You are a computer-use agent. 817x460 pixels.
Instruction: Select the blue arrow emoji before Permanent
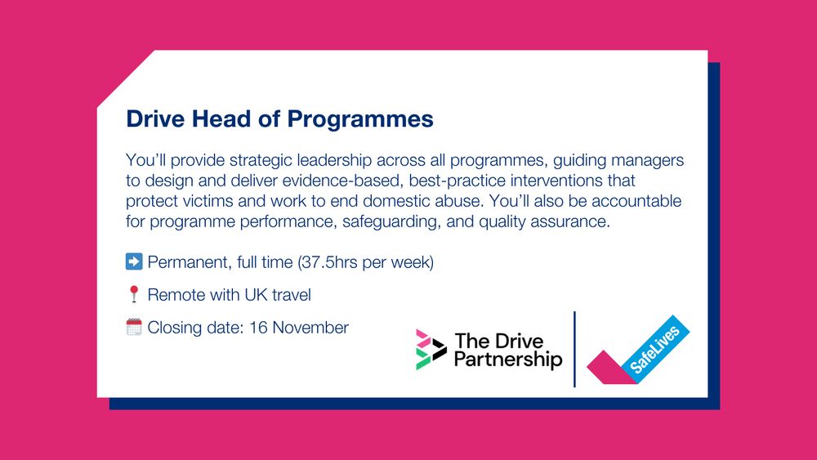tap(134, 262)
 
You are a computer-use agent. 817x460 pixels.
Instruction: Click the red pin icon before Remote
tap(134, 295)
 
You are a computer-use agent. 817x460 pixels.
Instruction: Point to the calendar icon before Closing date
tap(134, 328)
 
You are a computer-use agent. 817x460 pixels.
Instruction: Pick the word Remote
tap(176, 295)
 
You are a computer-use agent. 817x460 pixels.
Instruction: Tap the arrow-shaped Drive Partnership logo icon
tap(430, 349)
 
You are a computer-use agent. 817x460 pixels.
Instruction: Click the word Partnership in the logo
tap(507, 360)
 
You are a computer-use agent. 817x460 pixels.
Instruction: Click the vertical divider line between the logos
tap(575, 349)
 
